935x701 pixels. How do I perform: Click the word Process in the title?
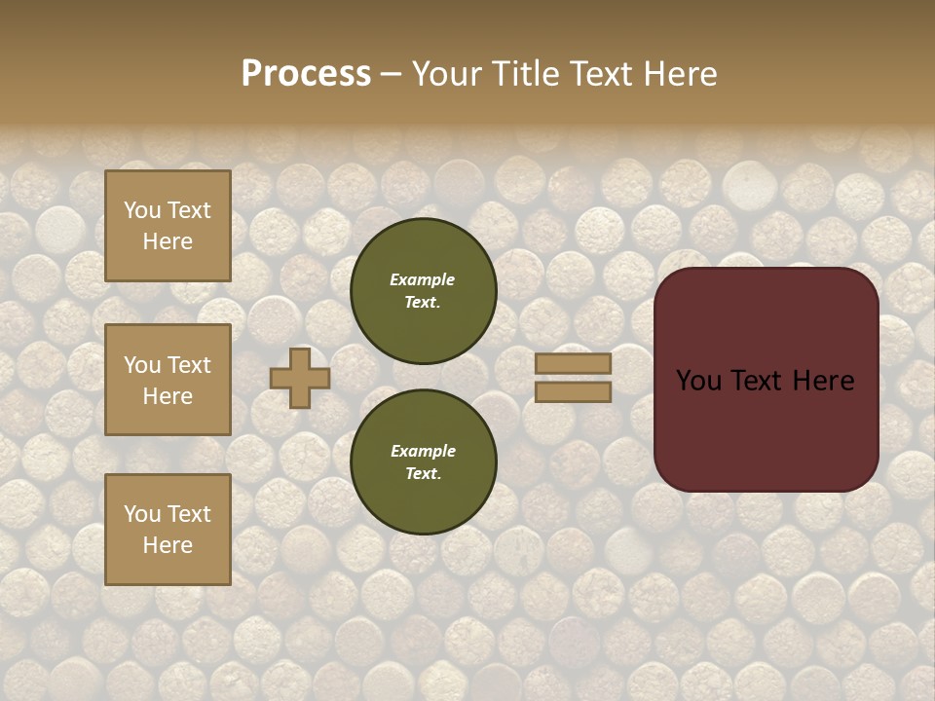(x=306, y=74)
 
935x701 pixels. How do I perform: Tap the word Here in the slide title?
(x=680, y=74)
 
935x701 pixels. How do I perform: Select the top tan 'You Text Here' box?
(x=168, y=226)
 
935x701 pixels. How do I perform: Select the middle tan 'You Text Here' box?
(x=168, y=380)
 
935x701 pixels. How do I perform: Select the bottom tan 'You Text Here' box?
(x=168, y=529)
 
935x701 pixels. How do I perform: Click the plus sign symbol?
(x=300, y=378)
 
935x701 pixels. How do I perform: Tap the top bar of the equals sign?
(x=574, y=364)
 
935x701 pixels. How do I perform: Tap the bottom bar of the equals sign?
(x=574, y=391)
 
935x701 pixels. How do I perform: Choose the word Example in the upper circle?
(x=423, y=279)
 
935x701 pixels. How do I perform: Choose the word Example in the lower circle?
(x=423, y=451)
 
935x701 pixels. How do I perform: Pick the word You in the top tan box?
(x=141, y=210)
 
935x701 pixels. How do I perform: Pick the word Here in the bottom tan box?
(x=168, y=545)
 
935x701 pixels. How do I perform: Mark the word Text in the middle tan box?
(x=189, y=365)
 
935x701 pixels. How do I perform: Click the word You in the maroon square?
(x=697, y=381)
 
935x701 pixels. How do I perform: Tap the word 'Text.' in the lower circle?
(x=423, y=474)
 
